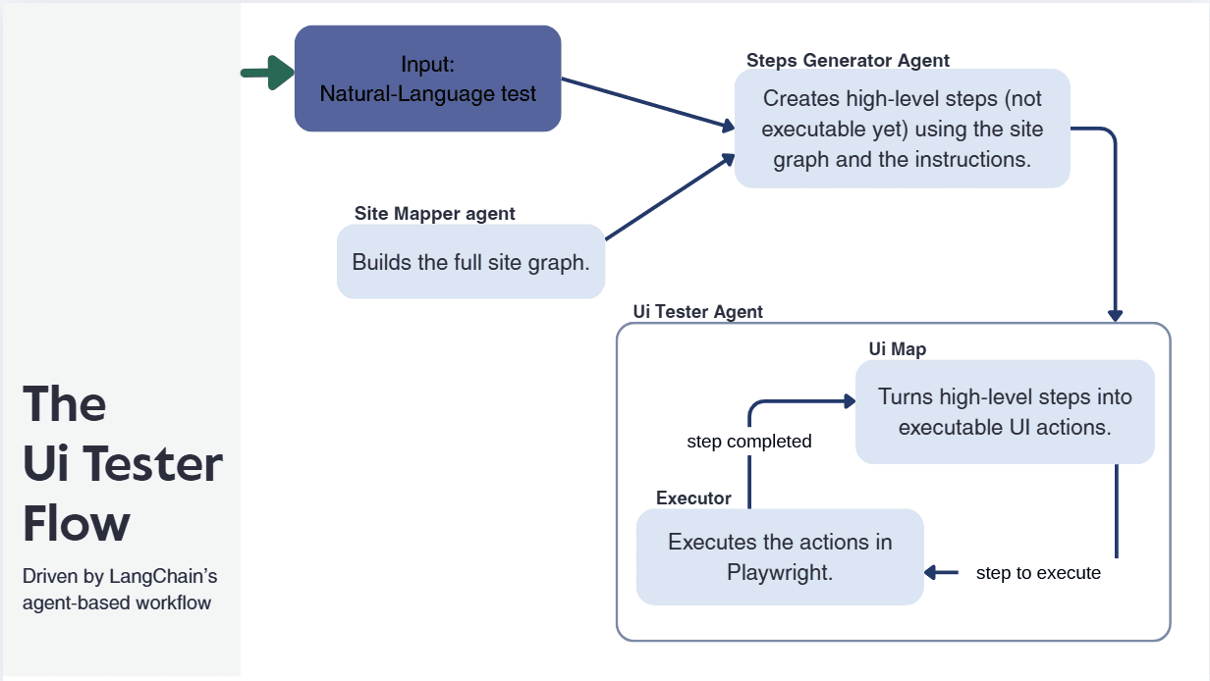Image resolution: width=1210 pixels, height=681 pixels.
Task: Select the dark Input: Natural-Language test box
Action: [x=427, y=79]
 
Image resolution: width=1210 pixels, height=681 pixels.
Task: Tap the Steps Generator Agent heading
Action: [x=848, y=60]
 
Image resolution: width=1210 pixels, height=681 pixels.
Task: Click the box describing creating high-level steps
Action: [x=902, y=129]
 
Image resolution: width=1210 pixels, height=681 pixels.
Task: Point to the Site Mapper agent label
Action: [x=434, y=213]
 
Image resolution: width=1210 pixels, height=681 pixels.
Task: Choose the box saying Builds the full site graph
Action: [x=470, y=262]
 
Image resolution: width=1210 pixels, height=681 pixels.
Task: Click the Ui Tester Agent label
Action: [x=697, y=312]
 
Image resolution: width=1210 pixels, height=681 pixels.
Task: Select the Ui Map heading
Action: [x=897, y=348]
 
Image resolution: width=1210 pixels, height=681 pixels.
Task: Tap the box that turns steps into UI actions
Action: [x=1004, y=412]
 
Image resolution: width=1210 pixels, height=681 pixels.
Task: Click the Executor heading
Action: [x=693, y=498]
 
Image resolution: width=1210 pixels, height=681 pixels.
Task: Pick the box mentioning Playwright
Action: [x=780, y=556]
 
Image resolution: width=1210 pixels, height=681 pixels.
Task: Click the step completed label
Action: [x=748, y=442]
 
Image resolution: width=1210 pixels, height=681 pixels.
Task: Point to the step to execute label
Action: [x=1038, y=573]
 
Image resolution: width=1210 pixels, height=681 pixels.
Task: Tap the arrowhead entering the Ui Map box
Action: [x=849, y=400]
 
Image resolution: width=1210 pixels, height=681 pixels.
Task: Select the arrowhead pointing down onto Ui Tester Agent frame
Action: [x=1115, y=315]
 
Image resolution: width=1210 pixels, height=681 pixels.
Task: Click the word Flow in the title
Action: [x=77, y=524]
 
